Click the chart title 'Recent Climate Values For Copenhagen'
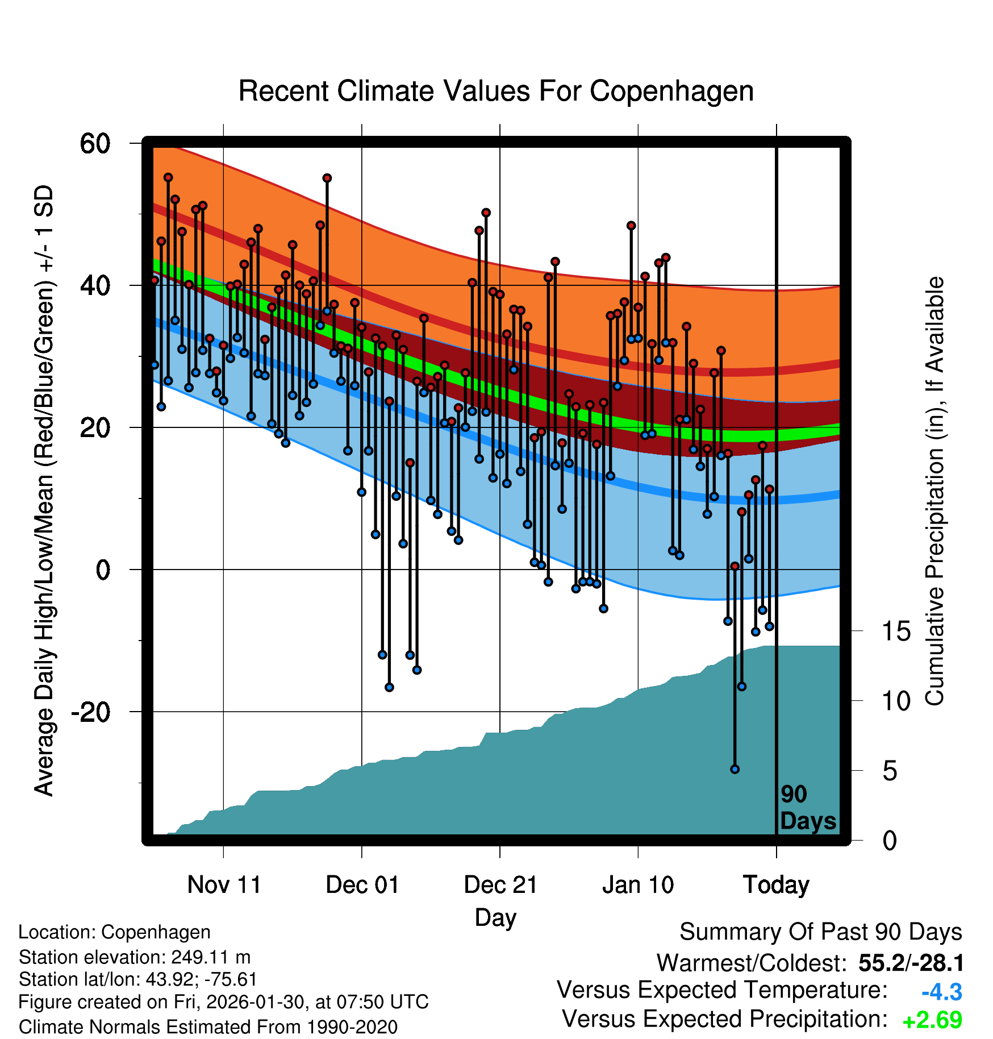pos(496,91)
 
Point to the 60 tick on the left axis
pos(95,143)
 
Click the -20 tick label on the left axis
pos(91,712)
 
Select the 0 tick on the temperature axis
pos(103,570)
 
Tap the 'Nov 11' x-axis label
pos(224,885)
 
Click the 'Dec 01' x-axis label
pos(362,885)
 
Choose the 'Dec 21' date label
pos(500,885)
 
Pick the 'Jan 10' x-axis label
pos(638,885)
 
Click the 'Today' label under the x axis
pos(776,885)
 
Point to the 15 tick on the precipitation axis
pos(896,631)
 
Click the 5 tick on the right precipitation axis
pos(890,771)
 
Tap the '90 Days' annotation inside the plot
pos(807,808)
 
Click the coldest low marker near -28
pos(735,769)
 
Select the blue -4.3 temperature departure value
pos(941,992)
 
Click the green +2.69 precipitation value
pos(932,1020)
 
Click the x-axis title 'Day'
pos(495,917)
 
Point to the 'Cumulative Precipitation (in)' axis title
pos(934,492)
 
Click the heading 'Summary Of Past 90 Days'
pos(820,932)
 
